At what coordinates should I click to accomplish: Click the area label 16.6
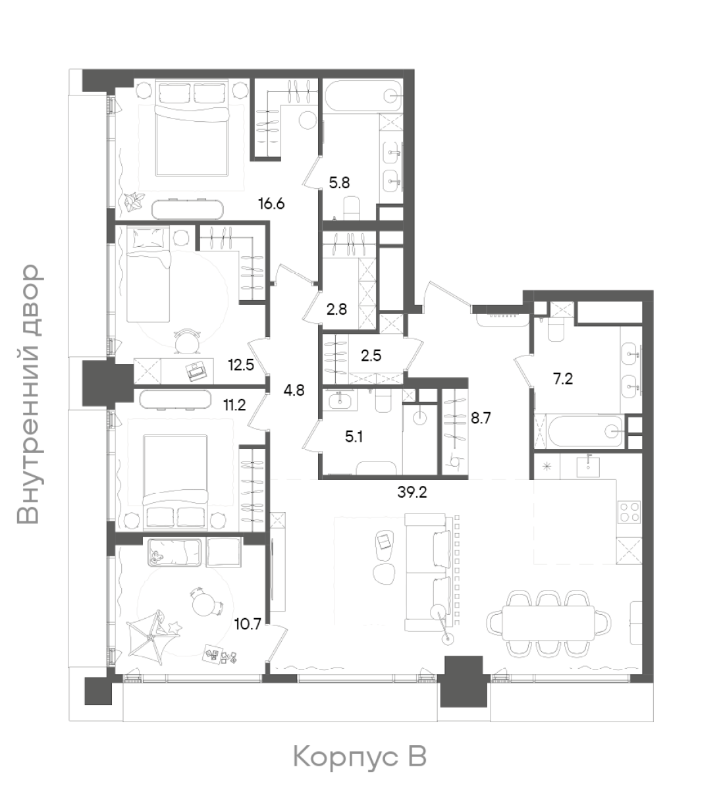(271, 204)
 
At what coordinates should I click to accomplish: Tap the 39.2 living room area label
(412, 492)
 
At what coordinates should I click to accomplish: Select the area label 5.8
(339, 183)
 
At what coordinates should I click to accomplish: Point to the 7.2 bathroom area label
(562, 379)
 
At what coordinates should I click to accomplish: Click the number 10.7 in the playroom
(248, 624)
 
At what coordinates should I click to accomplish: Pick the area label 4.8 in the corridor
(294, 390)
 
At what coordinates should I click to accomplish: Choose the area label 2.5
(371, 355)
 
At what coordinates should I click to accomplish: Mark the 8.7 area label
(481, 418)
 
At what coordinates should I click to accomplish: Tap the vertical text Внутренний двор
(28, 394)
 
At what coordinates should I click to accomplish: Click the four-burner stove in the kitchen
(629, 512)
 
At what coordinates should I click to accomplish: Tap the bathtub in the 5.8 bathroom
(362, 97)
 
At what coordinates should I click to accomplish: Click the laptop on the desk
(196, 370)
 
